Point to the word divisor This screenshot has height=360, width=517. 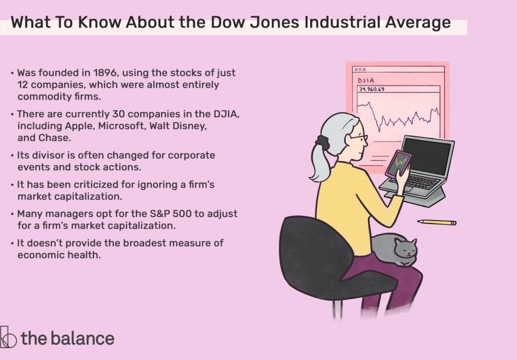pos(56,154)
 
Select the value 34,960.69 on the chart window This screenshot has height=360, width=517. pos(372,90)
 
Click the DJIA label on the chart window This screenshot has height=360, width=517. pos(367,81)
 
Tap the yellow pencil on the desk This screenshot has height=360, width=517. pos(437,222)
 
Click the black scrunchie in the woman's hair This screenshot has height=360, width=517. pos(323,142)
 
